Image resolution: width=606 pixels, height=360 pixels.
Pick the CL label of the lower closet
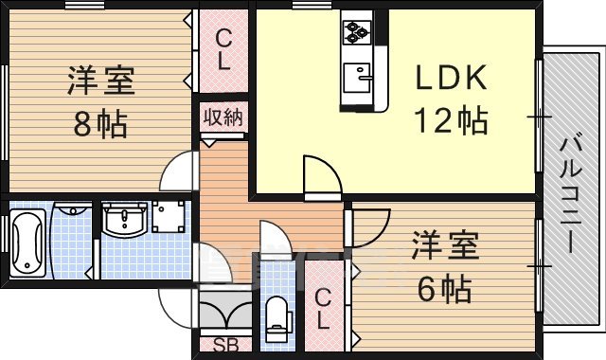(x=323, y=308)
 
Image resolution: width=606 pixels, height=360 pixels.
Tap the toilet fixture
(x=277, y=317)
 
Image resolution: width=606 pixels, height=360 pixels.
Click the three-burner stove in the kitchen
(x=358, y=33)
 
